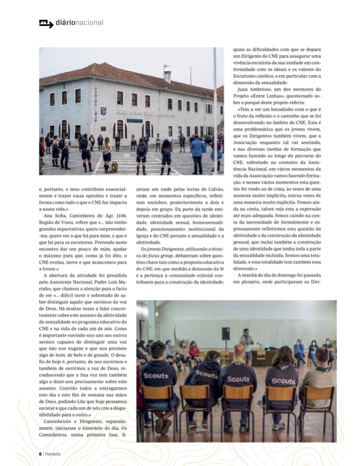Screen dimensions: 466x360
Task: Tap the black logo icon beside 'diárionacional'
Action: coord(45,24)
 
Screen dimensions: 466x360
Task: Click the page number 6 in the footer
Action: coord(40,453)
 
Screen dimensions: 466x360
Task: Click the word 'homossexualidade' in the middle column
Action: coord(201,224)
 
